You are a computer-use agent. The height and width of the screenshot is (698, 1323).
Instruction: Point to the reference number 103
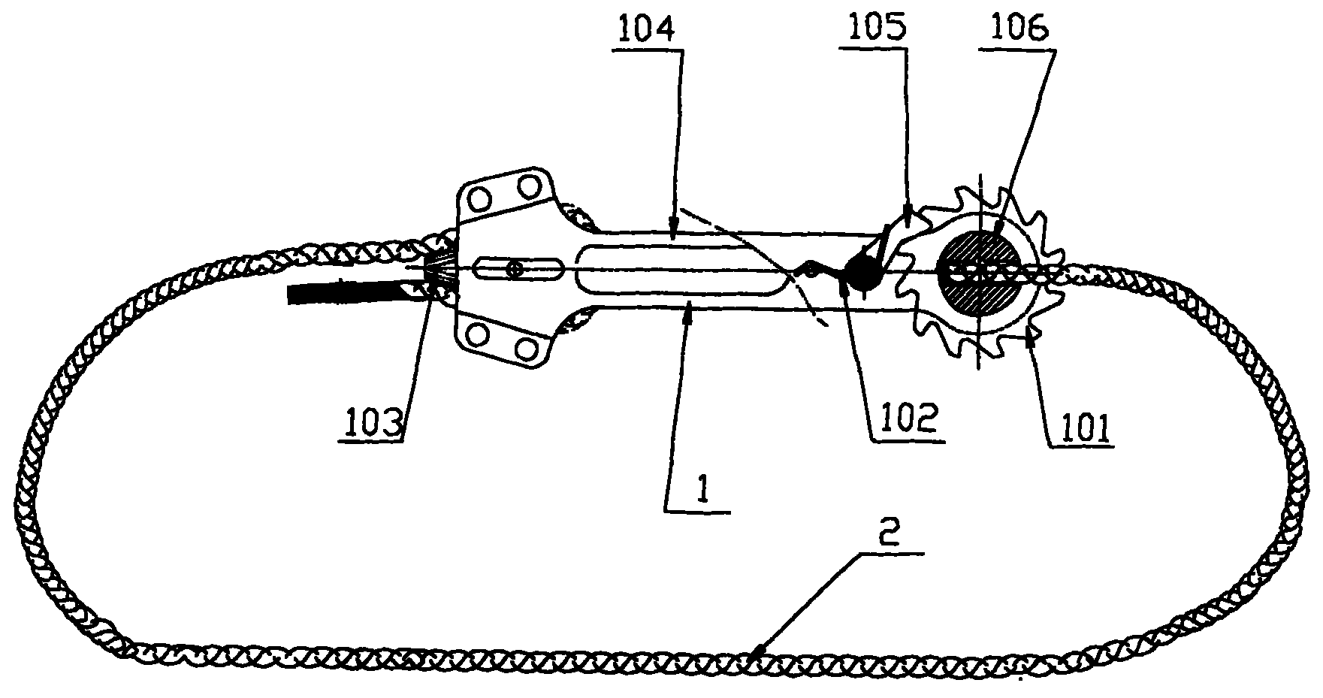tap(373, 423)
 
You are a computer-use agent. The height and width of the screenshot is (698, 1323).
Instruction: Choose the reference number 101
tap(1083, 429)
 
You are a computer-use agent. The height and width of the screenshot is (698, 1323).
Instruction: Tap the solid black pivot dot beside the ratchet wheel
tap(860, 273)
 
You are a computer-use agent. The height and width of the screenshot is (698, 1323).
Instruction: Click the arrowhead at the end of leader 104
tap(673, 223)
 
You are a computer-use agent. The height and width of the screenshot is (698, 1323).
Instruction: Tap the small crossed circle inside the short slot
tap(514, 269)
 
